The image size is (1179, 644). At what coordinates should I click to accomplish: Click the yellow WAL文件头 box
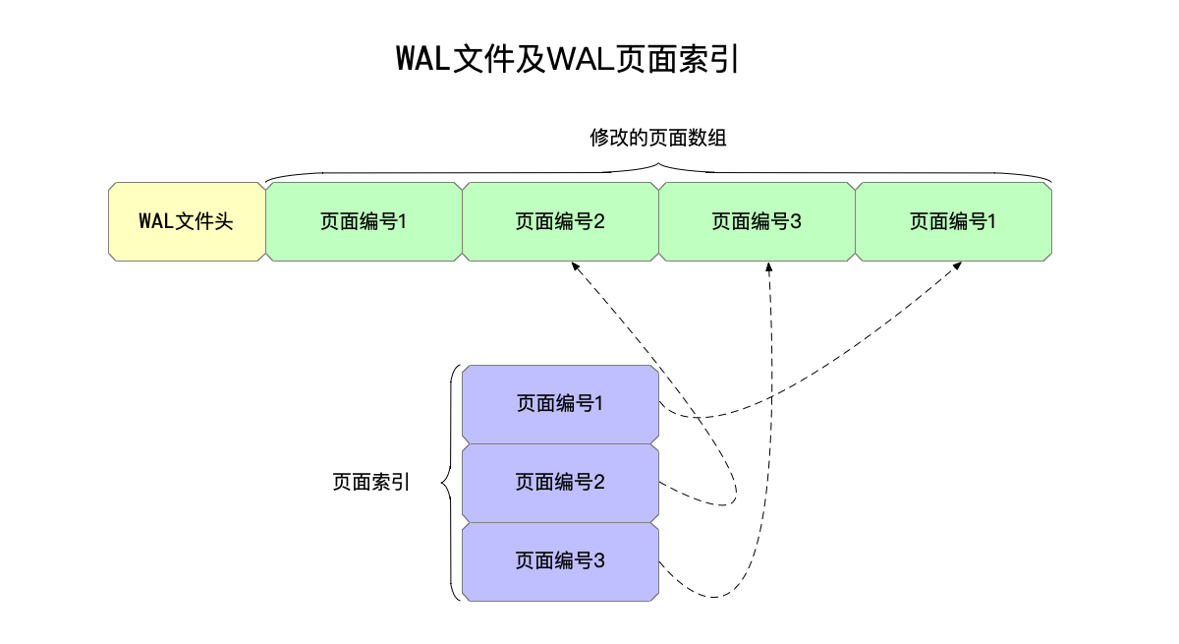coord(186,221)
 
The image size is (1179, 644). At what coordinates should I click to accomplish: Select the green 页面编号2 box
coord(560,221)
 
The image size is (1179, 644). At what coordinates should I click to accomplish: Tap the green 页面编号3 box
coord(757,221)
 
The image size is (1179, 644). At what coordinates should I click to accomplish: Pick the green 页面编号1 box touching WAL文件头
coord(364,221)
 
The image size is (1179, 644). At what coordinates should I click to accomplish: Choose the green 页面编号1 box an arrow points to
coord(953,221)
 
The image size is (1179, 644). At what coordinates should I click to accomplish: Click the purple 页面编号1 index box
coord(560,404)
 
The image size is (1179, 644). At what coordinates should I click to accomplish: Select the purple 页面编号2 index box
coord(560,483)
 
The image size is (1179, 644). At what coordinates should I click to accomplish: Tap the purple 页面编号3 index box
coord(560,561)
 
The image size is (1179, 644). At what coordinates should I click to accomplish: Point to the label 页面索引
coord(371,483)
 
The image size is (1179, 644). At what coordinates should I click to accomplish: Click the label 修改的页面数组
coord(657,138)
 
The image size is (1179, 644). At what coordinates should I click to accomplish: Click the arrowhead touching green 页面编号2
coord(573,266)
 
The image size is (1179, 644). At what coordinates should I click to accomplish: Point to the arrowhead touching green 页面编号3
coord(768,266)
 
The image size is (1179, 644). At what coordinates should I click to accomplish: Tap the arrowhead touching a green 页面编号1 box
coord(958,266)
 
